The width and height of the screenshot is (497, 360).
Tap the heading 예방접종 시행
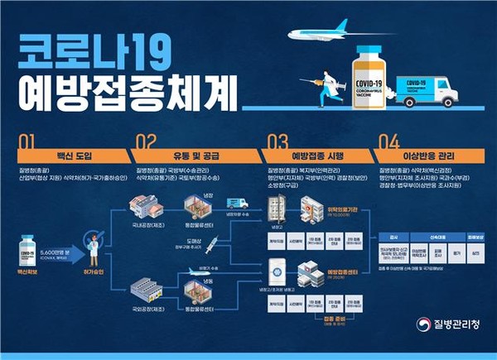(x=312, y=156)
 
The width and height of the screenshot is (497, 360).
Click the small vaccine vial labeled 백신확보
(x=32, y=252)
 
